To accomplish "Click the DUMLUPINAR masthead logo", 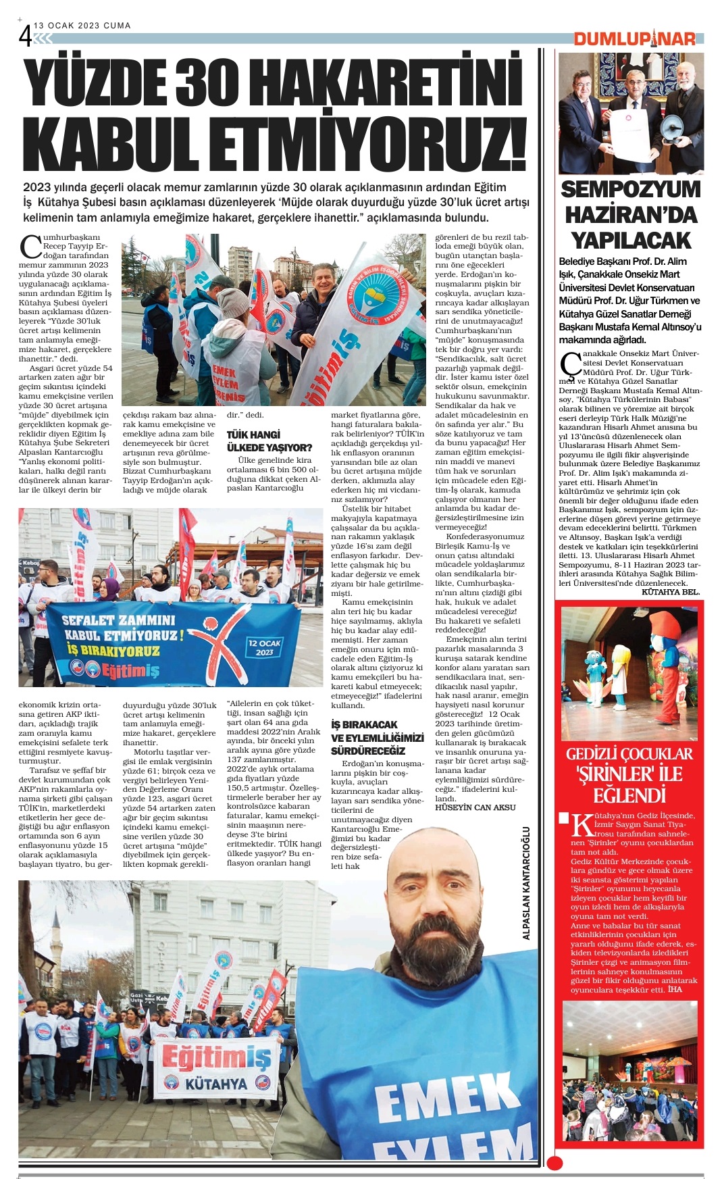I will (x=635, y=39).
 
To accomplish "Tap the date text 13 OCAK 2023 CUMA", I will (x=82, y=26).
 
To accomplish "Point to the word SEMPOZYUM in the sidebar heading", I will (x=631, y=189).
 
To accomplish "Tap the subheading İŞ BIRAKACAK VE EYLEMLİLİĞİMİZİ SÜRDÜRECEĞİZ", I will (x=377, y=737).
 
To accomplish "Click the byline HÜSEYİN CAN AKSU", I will (x=475, y=807).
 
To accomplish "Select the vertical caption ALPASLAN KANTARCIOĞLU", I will (x=526, y=883).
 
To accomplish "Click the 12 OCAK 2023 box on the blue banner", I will (x=264, y=647).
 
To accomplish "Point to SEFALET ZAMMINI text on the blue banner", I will (x=118, y=620).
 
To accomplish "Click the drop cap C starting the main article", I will (x=30, y=247).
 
